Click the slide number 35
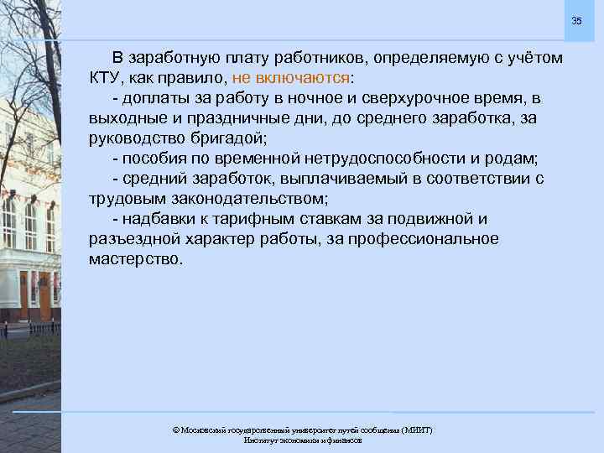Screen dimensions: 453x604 pos(576,20)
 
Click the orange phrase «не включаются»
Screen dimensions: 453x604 pos(293,78)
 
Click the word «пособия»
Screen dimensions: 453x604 pos(153,159)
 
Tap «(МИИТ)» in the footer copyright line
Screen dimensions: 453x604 pos(416,430)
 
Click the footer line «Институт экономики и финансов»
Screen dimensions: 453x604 pos(302,440)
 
